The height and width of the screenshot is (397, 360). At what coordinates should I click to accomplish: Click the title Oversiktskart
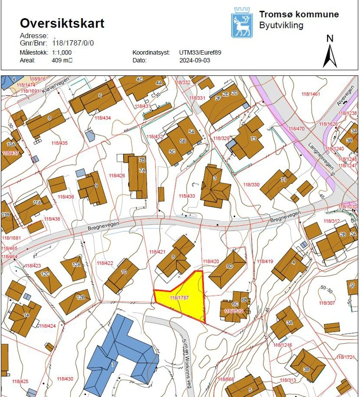[62, 23]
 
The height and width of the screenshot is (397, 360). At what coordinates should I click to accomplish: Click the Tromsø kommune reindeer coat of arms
[241, 24]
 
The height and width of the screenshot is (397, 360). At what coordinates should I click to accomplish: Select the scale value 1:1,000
[62, 52]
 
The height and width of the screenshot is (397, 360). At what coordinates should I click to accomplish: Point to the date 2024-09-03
[194, 60]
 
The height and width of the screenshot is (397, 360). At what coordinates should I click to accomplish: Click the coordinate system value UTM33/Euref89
[200, 52]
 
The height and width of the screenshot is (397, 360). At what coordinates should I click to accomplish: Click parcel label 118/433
[187, 196]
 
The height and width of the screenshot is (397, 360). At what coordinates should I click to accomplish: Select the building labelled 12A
[75, 267]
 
